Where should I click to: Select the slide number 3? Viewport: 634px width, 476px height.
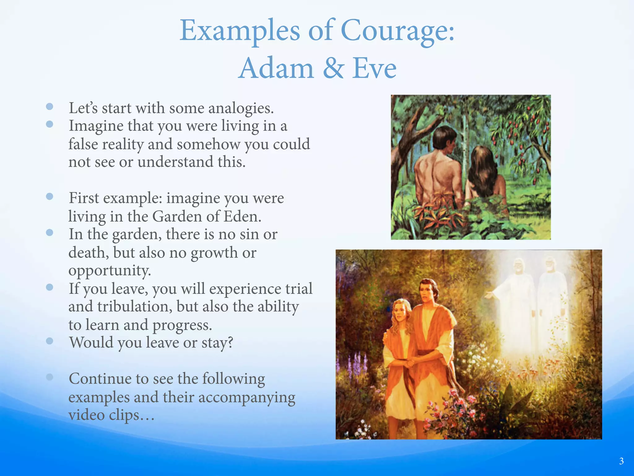pyautogui.click(x=621, y=461)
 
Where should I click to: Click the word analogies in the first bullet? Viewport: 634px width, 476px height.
pyautogui.click(x=241, y=108)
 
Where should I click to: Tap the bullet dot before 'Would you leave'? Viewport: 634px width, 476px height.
pyautogui.click(x=50, y=341)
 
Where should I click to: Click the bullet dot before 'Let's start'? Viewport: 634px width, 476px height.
pyautogui.click(x=50, y=107)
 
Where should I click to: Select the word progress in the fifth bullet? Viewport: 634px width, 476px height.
pyautogui.click(x=182, y=325)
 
